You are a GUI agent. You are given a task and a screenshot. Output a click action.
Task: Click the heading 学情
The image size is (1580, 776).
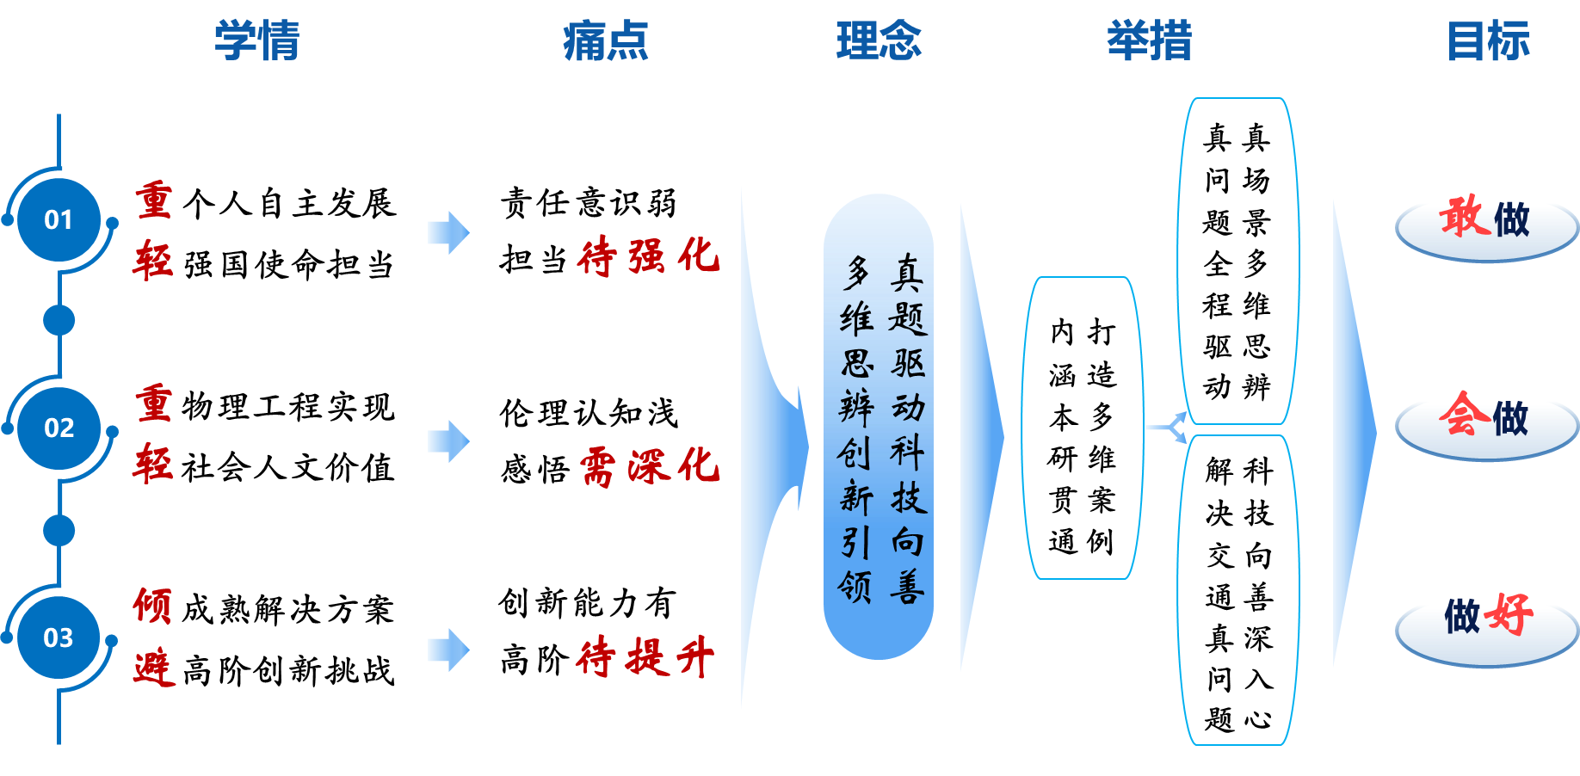(x=256, y=41)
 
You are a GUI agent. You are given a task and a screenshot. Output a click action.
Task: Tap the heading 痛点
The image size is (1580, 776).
(x=605, y=41)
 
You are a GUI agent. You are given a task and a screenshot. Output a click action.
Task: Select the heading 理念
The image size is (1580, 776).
(x=879, y=41)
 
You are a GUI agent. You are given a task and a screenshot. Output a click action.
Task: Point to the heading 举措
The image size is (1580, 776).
(x=1149, y=41)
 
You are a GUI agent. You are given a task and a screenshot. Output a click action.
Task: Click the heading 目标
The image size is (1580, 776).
(x=1488, y=41)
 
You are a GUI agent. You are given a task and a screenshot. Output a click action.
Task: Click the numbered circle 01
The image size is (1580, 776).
(x=59, y=220)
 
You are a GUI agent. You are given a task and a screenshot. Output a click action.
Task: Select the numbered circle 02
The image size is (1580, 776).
(x=59, y=428)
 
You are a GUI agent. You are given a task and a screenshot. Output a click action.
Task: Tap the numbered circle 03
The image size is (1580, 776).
(x=59, y=637)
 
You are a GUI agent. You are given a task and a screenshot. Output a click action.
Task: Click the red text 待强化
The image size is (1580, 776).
(x=647, y=256)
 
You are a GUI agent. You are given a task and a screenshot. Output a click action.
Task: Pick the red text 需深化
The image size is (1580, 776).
(x=649, y=466)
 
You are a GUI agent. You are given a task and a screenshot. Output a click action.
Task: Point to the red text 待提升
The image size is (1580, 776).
(x=645, y=658)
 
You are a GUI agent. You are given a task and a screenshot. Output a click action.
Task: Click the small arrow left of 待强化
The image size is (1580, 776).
(x=448, y=232)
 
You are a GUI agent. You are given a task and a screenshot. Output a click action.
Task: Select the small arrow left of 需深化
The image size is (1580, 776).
(x=448, y=441)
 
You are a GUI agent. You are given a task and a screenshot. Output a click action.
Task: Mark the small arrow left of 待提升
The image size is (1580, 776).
(x=448, y=650)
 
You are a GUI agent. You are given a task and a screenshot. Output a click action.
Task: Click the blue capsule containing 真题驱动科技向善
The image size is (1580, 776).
(x=879, y=427)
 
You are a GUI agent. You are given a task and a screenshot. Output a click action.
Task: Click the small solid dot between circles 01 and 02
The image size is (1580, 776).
(x=59, y=320)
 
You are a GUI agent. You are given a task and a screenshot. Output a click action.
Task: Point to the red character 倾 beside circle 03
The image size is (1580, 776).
(x=153, y=606)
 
